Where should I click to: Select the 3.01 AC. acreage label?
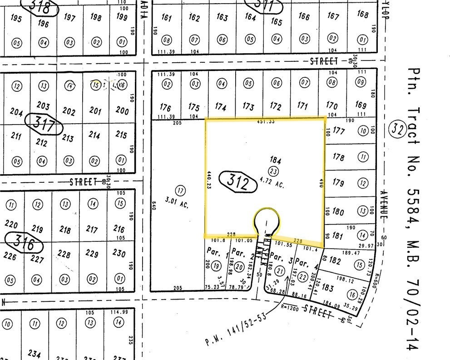178,205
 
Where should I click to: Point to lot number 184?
276,160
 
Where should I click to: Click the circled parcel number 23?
273,171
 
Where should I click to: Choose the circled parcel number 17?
181,190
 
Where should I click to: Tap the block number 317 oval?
45,124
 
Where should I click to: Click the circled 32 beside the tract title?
397,130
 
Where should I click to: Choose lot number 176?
166,108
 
